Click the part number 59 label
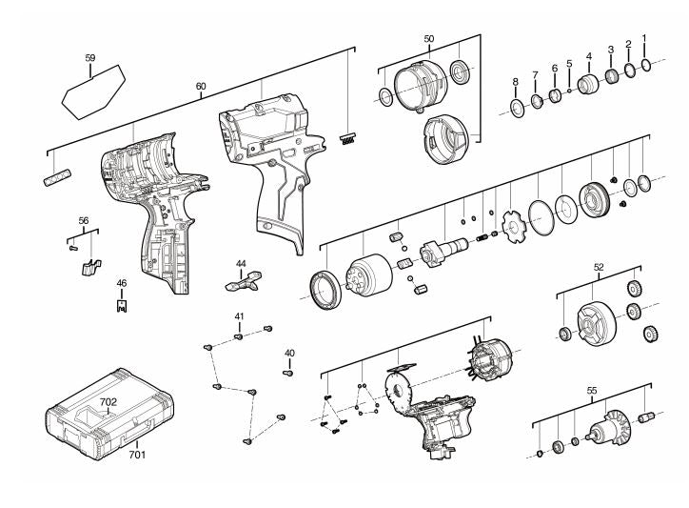90,58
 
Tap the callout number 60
201,87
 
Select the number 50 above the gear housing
429,39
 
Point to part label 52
599,268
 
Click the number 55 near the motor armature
591,391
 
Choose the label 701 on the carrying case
138,456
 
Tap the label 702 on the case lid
108,403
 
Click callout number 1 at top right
644,38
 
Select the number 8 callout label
515,81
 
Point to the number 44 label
241,263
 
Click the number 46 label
121,283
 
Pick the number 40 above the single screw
289,354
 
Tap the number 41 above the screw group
240,315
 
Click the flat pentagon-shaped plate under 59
93,89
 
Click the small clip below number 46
121,305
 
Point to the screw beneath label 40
287,373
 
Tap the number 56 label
84,220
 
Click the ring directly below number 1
646,64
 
